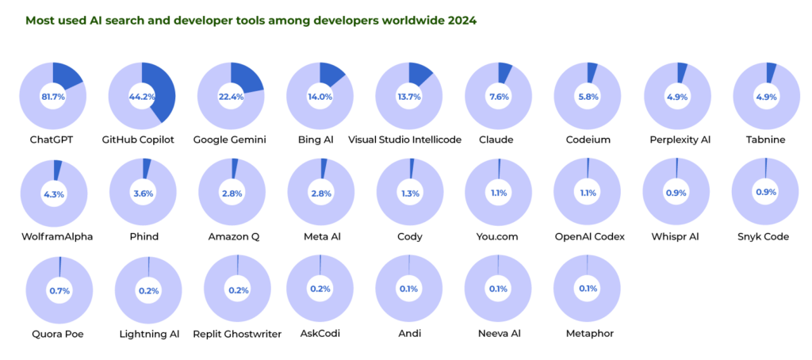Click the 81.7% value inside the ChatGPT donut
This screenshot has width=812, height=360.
[52, 96]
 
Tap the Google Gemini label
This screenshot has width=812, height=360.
[230, 140]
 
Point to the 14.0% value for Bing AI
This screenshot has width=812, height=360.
[319, 96]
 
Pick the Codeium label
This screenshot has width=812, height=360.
[587, 140]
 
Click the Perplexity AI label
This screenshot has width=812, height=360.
[677, 140]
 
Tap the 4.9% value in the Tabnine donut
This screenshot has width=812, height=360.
[765, 96]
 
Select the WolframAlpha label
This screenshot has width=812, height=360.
[53, 236]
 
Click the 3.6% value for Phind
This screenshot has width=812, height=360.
[141, 193]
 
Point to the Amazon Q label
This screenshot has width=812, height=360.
[230, 236]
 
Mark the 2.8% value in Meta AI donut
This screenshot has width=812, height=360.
[319, 193]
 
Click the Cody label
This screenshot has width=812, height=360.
[408, 236]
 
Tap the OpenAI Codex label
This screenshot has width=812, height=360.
[587, 236]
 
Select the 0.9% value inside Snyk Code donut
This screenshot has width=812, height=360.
[765, 193]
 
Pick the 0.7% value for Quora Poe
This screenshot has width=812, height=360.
[59, 290]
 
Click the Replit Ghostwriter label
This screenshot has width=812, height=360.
[237, 334]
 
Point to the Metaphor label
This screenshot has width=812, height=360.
[587, 334]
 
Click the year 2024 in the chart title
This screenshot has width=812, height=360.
[462, 20]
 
